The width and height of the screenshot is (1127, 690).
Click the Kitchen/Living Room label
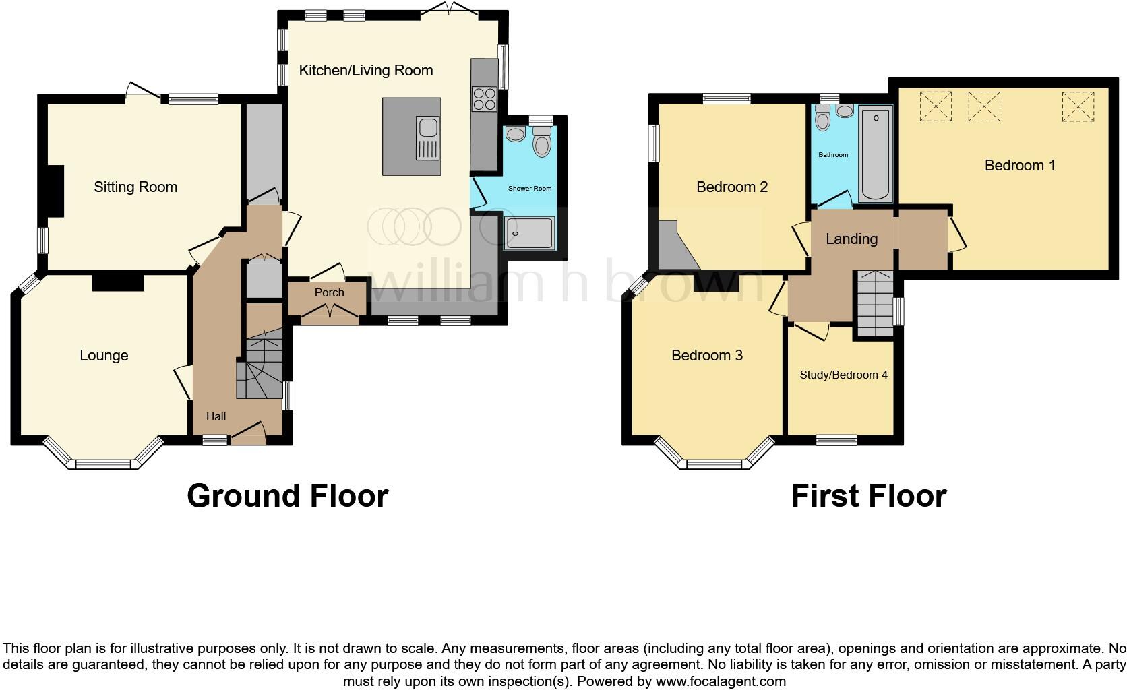click(x=365, y=71)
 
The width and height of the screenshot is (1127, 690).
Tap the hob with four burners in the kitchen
click(x=484, y=99)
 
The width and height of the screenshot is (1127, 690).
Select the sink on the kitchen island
click(x=427, y=138)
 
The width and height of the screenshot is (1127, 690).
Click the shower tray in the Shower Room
click(x=529, y=233)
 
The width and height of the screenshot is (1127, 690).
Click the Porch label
click(x=329, y=292)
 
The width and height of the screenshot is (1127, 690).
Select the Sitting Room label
click(x=135, y=187)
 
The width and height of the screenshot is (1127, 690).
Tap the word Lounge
click(x=104, y=355)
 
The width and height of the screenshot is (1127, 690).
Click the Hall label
click(x=216, y=416)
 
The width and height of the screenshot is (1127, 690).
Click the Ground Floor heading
click(x=288, y=496)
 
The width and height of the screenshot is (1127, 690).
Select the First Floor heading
click(x=868, y=496)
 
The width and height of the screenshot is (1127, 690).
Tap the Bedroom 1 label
click(x=1020, y=165)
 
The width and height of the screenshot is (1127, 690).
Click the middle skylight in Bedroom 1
click(x=983, y=106)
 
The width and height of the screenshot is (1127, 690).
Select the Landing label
click(x=851, y=239)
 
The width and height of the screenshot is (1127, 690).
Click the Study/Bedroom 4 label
click(x=843, y=375)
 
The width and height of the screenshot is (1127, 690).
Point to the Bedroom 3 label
click(x=707, y=355)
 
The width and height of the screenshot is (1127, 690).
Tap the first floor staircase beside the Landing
click(x=875, y=303)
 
